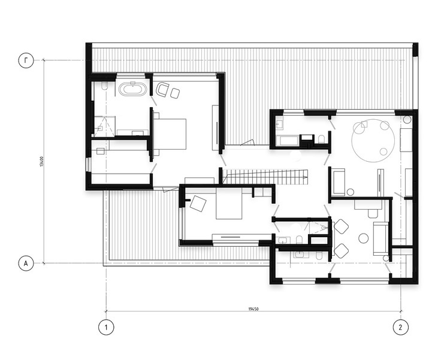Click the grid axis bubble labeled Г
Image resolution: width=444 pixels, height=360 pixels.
pos(26,60)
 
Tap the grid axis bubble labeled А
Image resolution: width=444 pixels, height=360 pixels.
pos(26,264)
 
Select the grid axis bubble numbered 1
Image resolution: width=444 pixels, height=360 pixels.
pos(106,328)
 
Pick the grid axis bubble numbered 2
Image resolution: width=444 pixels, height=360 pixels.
pos(401,328)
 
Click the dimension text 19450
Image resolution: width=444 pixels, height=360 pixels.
pos(253,309)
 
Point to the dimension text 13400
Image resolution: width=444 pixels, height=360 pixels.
pos(41,162)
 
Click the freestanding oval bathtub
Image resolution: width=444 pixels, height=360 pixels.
pos(133,89)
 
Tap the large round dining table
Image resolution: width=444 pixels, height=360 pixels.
pos(373,141)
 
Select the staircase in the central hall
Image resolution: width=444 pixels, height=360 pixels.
pos(265,177)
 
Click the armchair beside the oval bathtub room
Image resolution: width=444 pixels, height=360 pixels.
pos(162,90)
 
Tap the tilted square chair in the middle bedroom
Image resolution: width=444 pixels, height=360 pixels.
pos(198,203)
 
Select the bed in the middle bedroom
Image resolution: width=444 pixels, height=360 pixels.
pos(229,204)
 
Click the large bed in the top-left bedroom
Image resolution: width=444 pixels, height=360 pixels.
pos(170,134)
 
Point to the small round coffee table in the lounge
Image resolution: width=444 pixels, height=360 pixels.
pos(363,238)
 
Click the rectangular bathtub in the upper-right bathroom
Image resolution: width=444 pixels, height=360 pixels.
pos(286,141)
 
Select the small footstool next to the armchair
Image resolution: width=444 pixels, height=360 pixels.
pos(176,93)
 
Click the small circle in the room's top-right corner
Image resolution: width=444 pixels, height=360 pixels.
pos(407,119)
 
